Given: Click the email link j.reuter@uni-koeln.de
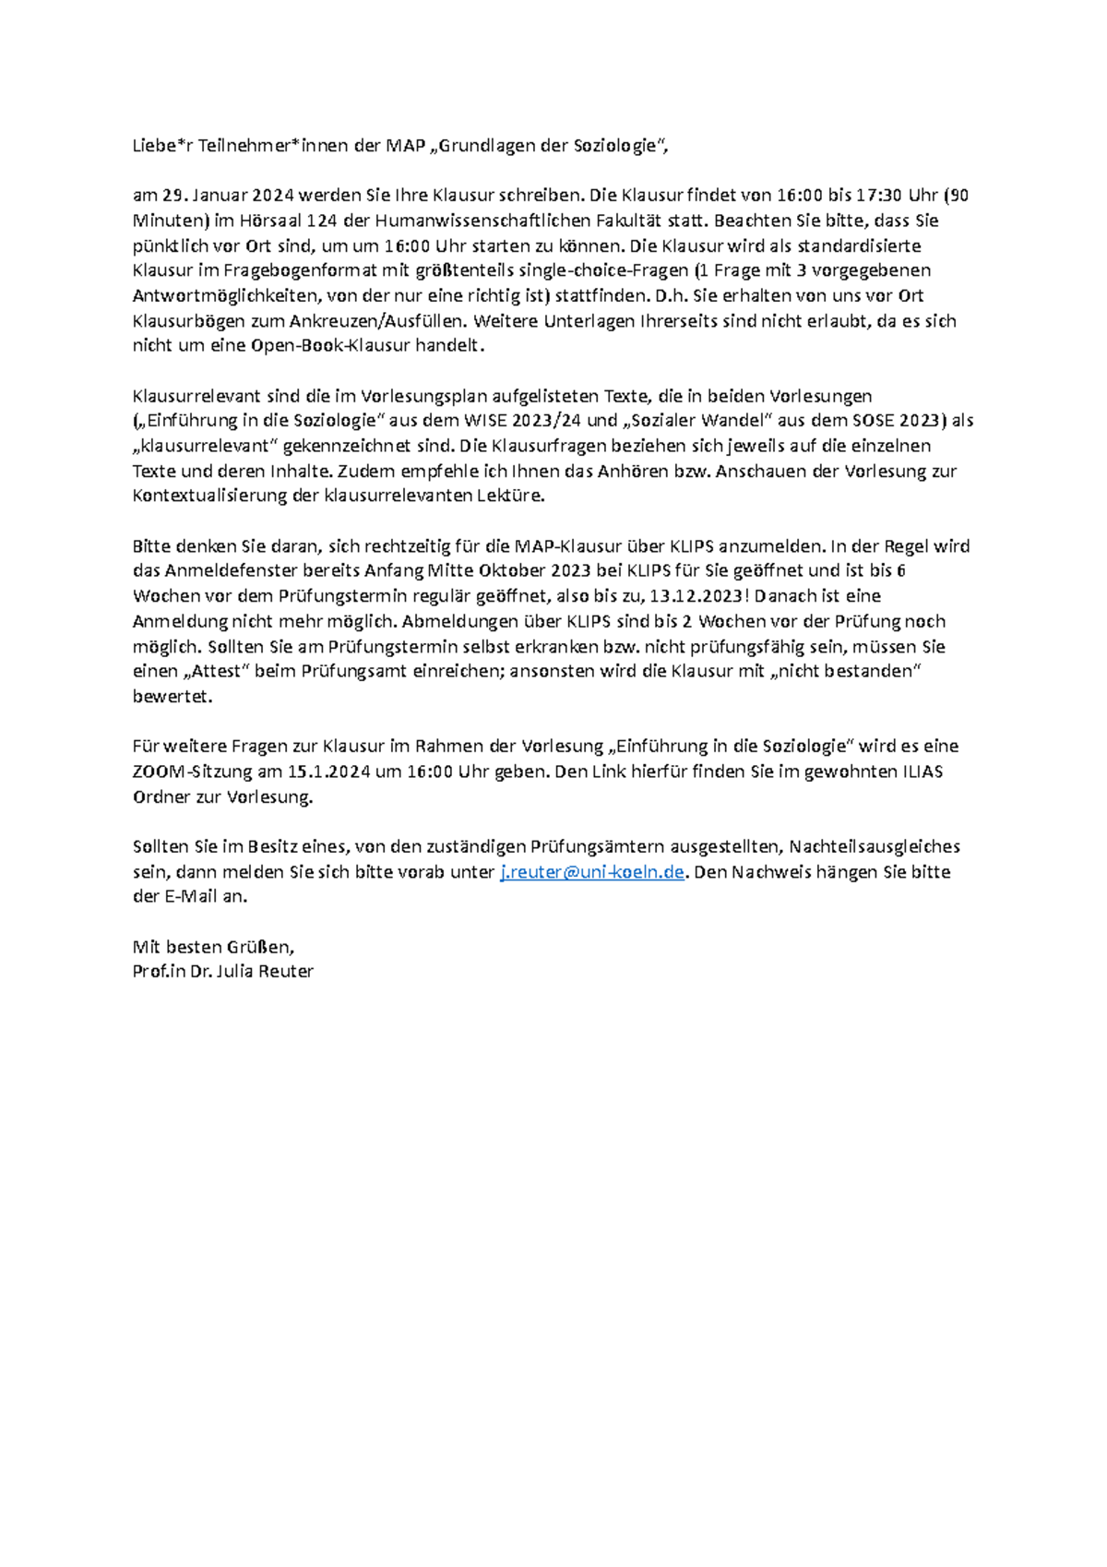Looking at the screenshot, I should pyautogui.click(x=591, y=872).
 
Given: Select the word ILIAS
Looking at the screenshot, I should pyautogui.click(x=922, y=772).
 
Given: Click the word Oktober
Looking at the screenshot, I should pyautogui.click(x=510, y=571).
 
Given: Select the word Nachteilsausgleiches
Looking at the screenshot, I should pyautogui.click(x=875, y=846).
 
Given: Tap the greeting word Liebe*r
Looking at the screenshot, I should pyautogui.click(x=162, y=146).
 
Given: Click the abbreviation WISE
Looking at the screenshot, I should pyautogui.click(x=485, y=421).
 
